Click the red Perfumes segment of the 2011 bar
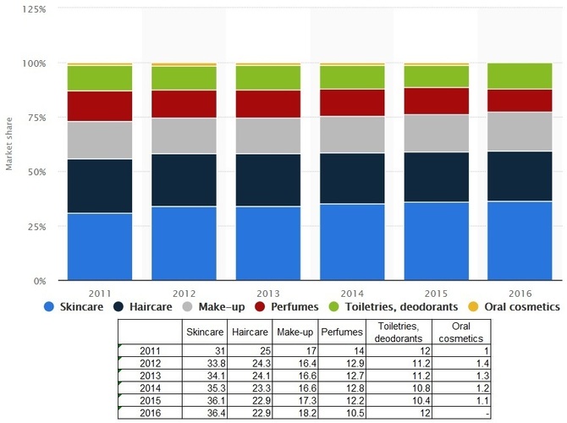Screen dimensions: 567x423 tap(100, 106)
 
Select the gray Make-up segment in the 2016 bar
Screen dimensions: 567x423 tap(520, 131)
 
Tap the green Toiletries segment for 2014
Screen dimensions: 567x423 tap(352, 77)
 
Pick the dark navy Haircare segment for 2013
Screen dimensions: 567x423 tap(268, 180)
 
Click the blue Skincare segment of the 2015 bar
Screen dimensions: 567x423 tap(437, 241)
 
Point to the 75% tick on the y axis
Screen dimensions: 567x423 tap(37, 118)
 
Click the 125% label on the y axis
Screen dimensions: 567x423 tap(35, 9)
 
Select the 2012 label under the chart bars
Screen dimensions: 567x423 tap(184, 294)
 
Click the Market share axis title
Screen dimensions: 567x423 tap(8, 144)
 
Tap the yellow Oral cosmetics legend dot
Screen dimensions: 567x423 tap(473, 307)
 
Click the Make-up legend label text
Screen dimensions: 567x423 tap(222, 307)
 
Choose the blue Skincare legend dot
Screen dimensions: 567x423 tap(49, 307)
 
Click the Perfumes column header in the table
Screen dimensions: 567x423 tap(342, 332)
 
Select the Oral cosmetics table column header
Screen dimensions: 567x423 tap(461, 332)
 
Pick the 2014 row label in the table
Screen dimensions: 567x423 tap(150, 388)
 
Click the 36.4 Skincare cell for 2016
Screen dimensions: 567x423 tap(217, 413)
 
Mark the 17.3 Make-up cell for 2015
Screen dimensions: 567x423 tap(307, 400)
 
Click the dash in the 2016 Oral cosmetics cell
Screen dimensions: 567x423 tap(487, 413)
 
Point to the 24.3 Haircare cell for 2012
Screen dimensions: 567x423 tap(261, 363)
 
